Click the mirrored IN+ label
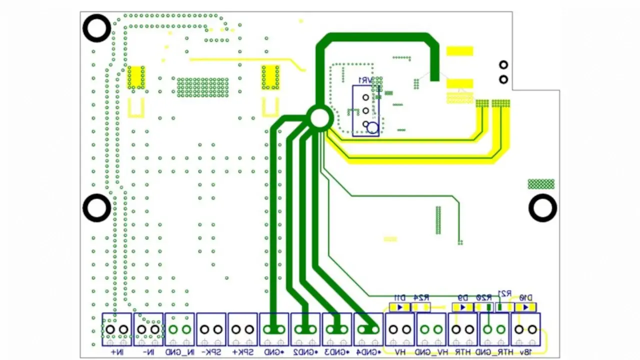point(116,352)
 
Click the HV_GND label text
point(431,352)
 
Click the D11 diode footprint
point(400,307)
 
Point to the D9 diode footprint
point(463,307)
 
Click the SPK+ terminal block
point(242,329)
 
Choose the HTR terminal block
point(463,329)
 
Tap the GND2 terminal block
point(305,329)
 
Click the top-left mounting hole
point(96,28)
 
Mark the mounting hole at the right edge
point(542,208)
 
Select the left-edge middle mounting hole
point(96,208)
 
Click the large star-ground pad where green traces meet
point(319,117)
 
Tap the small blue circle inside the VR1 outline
point(372,128)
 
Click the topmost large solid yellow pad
point(459,51)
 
